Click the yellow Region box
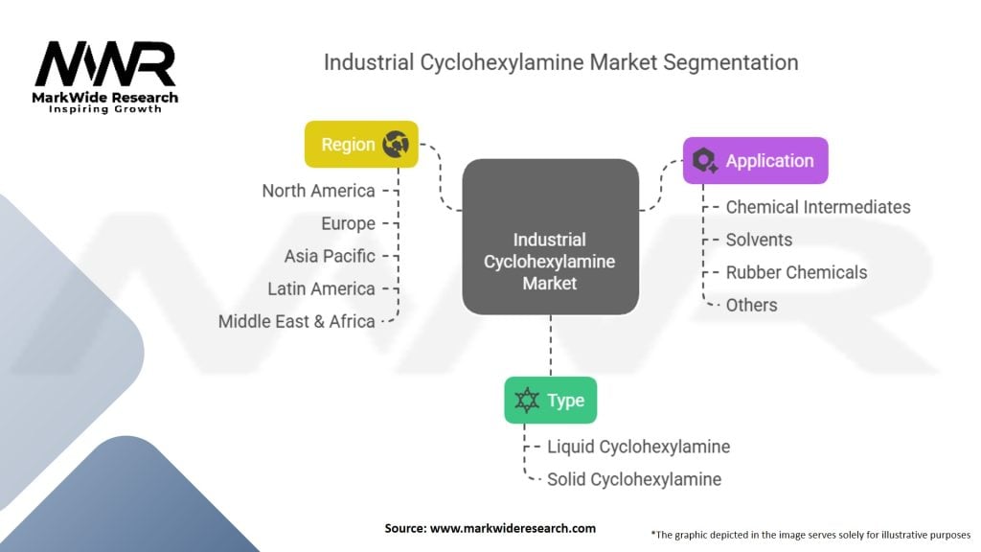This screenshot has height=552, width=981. click(x=361, y=144)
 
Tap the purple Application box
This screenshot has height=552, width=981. click(x=755, y=160)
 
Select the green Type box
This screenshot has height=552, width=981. click(x=551, y=400)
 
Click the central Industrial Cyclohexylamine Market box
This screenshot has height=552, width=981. click(x=551, y=237)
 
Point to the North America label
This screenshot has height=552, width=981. click(x=318, y=191)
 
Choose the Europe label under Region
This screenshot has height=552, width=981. click(x=348, y=223)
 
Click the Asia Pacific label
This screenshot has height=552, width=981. click(x=330, y=256)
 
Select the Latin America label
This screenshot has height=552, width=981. click(x=322, y=288)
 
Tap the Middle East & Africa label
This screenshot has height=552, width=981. click(x=297, y=321)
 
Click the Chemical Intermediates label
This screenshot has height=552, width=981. click(x=818, y=207)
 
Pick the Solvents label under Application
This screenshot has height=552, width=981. click(x=759, y=240)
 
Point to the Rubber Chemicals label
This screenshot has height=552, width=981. click(x=796, y=272)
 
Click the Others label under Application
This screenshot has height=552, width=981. click(x=751, y=305)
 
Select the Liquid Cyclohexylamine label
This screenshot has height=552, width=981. click(x=639, y=447)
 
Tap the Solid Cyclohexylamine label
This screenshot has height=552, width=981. click(x=634, y=479)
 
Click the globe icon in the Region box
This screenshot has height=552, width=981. click(x=396, y=144)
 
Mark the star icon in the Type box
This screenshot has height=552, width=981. click(x=527, y=400)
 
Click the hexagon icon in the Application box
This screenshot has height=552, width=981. click(x=705, y=160)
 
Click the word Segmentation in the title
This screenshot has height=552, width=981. click(x=731, y=62)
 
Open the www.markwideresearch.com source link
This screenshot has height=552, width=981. click(x=513, y=528)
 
